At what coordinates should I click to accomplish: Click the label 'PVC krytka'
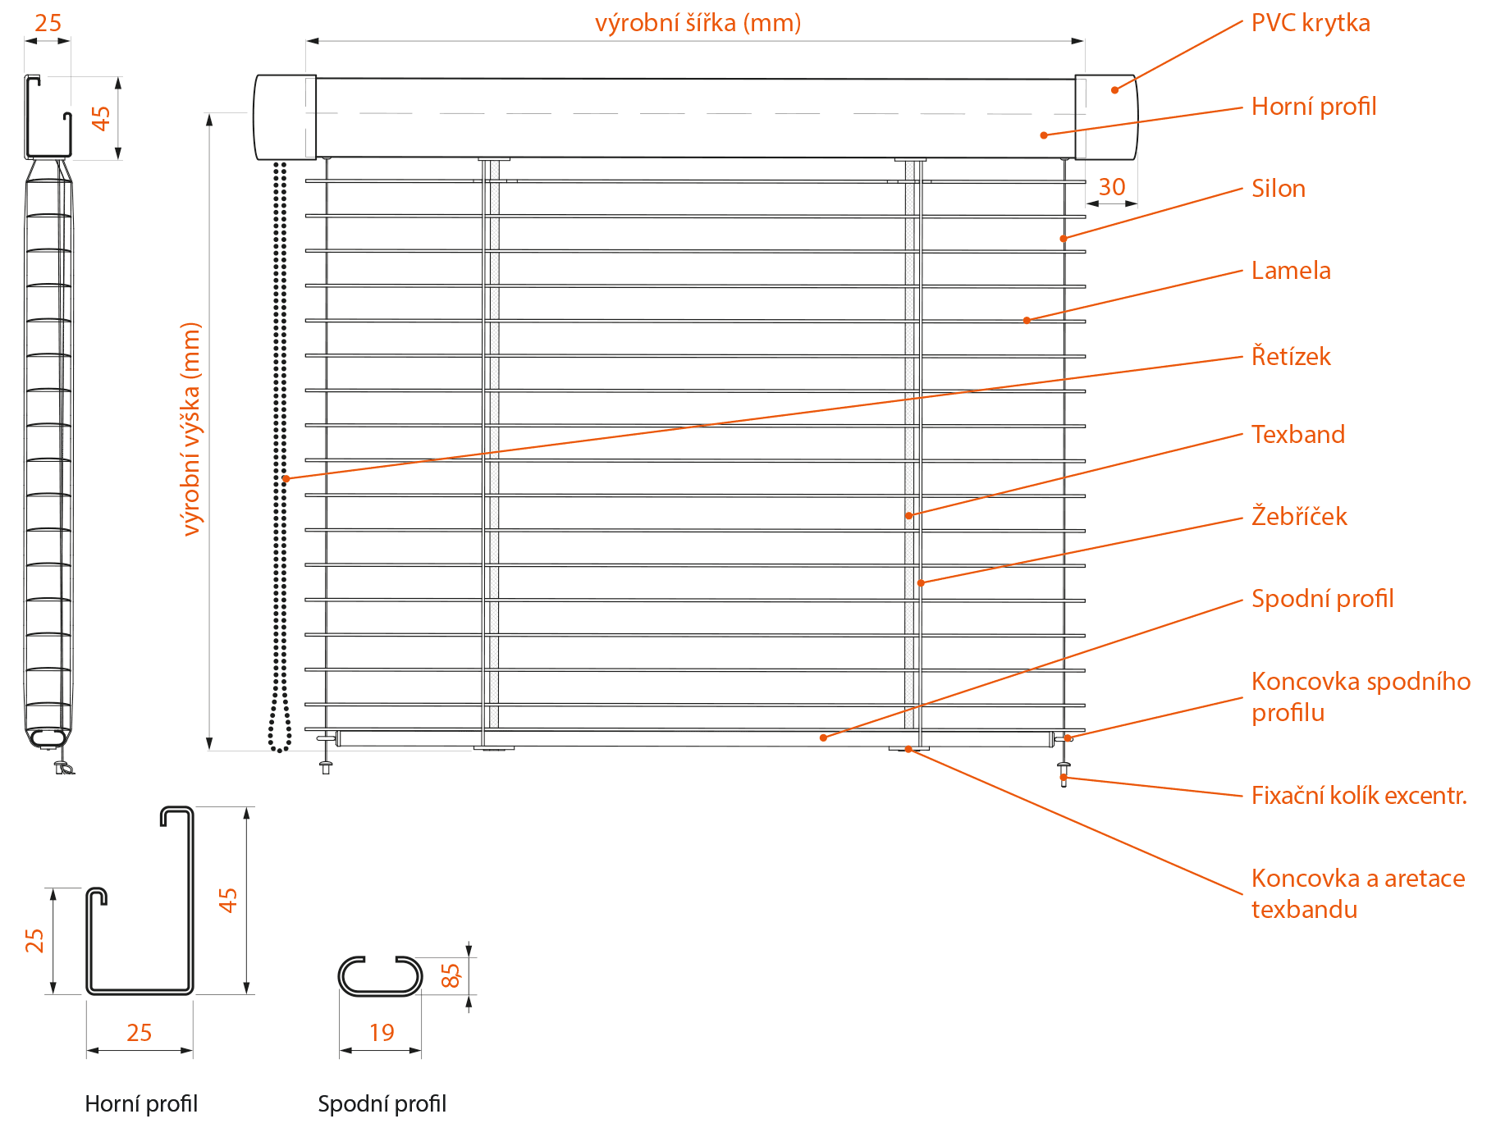(x=1310, y=23)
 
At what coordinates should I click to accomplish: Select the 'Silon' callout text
(x=1278, y=189)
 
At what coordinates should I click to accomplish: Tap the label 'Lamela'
(x=1290, y=271)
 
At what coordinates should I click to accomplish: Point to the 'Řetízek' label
(x=1290, y=357)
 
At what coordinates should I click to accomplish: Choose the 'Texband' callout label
(x=1297, y=435)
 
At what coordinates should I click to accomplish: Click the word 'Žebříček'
(x=1298, y=517)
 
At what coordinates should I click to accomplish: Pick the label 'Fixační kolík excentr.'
(x=1358, y=796)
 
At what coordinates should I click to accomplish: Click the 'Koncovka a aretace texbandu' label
(x=1357, y=893)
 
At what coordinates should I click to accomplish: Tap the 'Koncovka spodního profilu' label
(x=1360, y=696)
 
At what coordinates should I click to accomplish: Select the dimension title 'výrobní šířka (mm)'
(x=698, y=23)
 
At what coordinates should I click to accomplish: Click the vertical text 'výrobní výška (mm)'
(x=190, y=428)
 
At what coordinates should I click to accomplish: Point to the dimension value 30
(x=1111, y=187)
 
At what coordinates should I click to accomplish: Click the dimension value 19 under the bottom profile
(x=382, y=1032)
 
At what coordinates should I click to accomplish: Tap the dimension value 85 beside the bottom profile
(x=451, y=975)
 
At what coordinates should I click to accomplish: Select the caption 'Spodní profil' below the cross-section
(x=382, y=1104)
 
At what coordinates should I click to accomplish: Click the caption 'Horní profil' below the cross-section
(x=141, y=1104)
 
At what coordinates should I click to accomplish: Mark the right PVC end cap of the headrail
(x=1106, y=117)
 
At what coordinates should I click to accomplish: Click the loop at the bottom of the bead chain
(x=280, y=730)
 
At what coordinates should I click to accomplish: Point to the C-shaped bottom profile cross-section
(x=380, y=976)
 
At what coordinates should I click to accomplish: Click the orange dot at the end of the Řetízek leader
(x=286, y=478)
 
